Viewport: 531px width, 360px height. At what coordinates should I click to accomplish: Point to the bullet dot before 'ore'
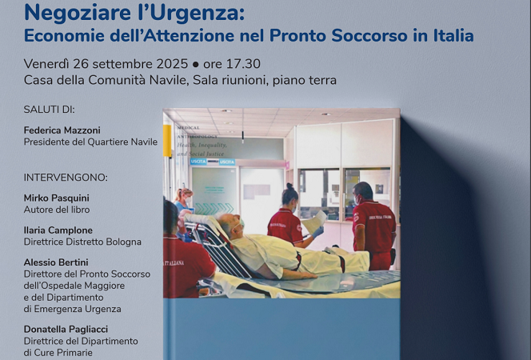[195, 64]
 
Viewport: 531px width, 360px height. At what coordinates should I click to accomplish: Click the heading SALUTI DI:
[54, 109]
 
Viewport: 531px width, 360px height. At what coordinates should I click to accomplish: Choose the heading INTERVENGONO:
[66, 177]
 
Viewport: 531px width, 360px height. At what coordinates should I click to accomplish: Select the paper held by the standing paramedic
[313, 221]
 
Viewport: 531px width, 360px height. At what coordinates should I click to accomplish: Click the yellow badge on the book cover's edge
[167, 139]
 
